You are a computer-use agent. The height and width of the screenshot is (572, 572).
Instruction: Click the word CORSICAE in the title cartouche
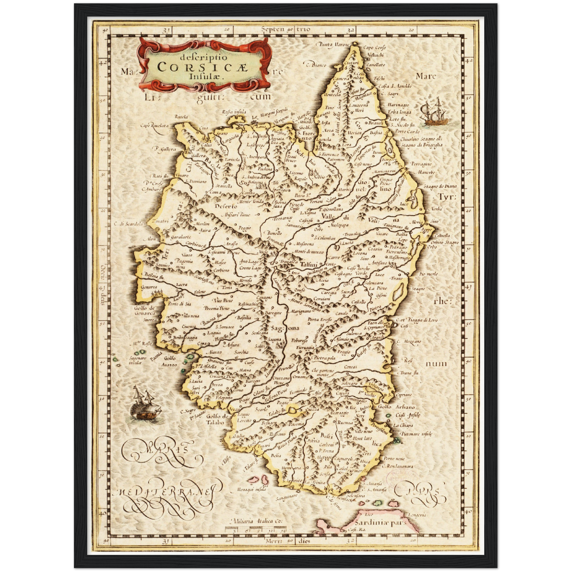[202, 67]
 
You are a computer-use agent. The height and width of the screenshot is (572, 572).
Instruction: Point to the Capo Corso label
[374, 48]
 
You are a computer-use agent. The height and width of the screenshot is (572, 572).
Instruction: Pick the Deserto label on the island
[226, 206]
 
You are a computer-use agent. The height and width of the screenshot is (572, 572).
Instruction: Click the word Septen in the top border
[273, 29]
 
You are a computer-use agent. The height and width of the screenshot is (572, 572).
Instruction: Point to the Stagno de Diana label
[440, 186]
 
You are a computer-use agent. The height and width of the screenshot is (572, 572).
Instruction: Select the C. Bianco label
[315, 64]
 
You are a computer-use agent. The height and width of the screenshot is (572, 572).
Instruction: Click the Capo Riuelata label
[154, 125]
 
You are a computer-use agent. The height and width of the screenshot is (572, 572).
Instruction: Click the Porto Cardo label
[407, 131]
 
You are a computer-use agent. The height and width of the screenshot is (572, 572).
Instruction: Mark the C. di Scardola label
[129, 224]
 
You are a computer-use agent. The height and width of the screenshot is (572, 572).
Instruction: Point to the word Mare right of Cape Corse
[426, 76]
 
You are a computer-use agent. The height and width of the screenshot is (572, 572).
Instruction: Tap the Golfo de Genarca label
[144, 310]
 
